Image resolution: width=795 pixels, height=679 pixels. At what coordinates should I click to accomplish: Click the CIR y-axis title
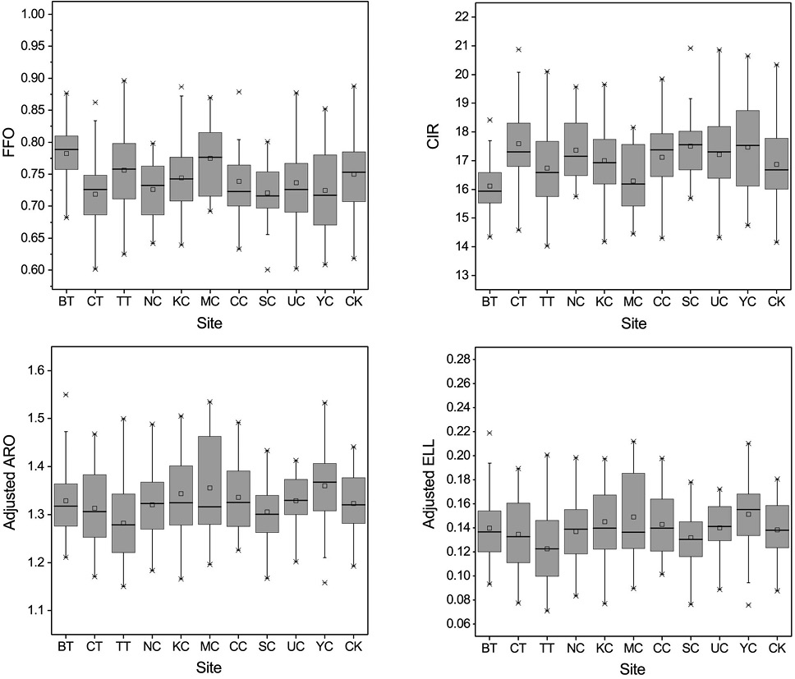click(434, 137)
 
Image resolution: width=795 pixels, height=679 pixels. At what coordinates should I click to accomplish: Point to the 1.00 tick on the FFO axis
click(33, 14)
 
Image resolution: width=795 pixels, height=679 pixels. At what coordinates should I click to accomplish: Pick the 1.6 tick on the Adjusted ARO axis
click(36, 370)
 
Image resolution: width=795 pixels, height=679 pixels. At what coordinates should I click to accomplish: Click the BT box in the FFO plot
click(66, 153)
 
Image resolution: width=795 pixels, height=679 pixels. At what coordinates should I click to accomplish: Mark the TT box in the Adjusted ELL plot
click(547, 548)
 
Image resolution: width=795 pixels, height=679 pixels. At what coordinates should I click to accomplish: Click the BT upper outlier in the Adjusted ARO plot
click(66, 394)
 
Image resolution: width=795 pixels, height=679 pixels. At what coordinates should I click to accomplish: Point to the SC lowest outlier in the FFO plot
click(267, 269)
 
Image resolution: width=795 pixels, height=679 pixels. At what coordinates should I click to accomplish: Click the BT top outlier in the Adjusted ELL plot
click(489, 433)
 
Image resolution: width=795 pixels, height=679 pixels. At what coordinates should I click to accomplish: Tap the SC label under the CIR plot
click(691, 301)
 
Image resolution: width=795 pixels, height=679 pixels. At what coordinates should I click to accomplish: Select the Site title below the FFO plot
click(209, 323)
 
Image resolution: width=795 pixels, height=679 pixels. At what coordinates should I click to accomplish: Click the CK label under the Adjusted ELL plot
click(777, 648)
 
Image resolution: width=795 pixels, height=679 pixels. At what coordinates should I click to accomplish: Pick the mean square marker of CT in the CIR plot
click(519, 144)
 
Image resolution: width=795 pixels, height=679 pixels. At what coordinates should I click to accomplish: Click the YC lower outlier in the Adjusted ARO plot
click(324, 583)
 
